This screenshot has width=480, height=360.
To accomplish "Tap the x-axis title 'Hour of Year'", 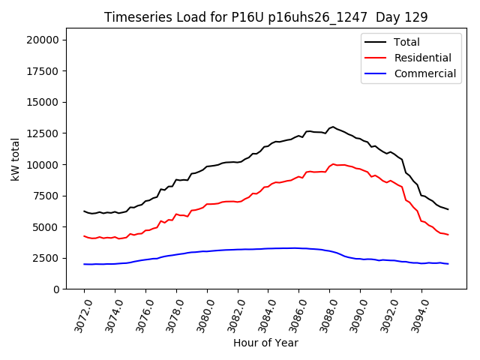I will pos(265,343).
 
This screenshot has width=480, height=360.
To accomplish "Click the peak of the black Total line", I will pos(333,127).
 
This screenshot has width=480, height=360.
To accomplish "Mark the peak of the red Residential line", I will pos(333,163).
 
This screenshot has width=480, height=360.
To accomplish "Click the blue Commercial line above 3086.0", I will pos(298,247).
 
